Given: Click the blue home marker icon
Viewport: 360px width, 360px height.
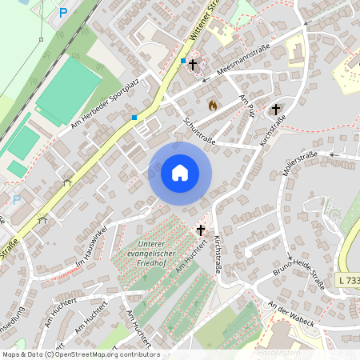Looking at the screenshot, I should (x=180, y=172).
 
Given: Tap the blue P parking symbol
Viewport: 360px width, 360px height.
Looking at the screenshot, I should (x=63, y=13).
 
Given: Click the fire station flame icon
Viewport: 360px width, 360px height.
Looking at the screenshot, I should (x=213, y=105).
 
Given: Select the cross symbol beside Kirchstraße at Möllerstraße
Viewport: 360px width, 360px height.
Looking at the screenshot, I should (x=277, y=110).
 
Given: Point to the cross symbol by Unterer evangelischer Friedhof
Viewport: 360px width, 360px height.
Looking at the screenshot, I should (x=201, y=230).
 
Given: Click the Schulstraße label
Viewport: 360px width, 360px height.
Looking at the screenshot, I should (x=200, y=133).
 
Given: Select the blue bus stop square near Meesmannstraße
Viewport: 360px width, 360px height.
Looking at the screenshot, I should (x=183, y=61).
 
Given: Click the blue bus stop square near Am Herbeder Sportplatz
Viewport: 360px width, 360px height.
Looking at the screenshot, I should (x=134, y=118).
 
